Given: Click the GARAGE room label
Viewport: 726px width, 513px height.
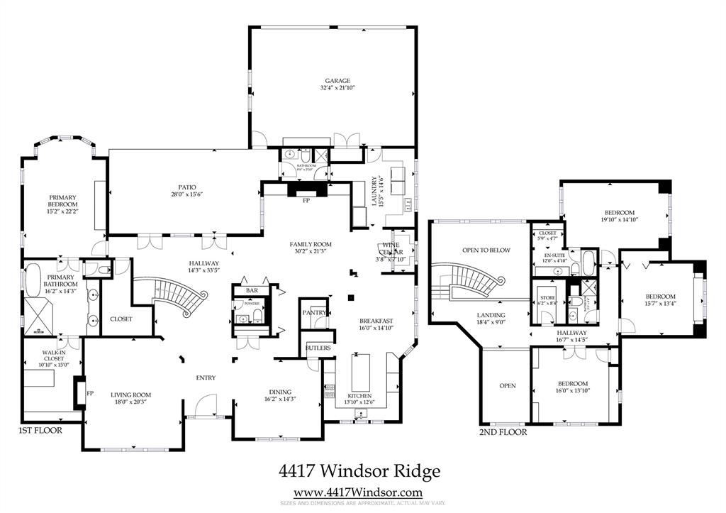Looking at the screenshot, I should click(x=332, y=81).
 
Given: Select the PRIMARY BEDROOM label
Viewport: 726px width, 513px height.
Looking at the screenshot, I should click(x=62, y=201).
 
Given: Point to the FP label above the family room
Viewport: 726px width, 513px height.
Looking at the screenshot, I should click(x=306, y=201).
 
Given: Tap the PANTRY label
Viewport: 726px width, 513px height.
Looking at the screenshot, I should click(x=313, y=312).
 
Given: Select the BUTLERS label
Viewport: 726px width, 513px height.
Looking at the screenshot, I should click(x=318, y=348).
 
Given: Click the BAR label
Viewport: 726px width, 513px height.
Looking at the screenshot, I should click(x=251, y=291).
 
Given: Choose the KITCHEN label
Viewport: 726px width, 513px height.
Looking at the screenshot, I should click(x=359, y=395).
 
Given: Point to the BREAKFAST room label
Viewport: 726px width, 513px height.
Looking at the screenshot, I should click(x=376, y=321).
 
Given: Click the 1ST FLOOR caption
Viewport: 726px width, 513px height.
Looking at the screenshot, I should click(x=40, y=430).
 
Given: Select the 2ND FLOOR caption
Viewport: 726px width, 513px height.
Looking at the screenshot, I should click(x=503, y=431).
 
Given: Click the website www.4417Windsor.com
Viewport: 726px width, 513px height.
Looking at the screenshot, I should click(x=358, y=492).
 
